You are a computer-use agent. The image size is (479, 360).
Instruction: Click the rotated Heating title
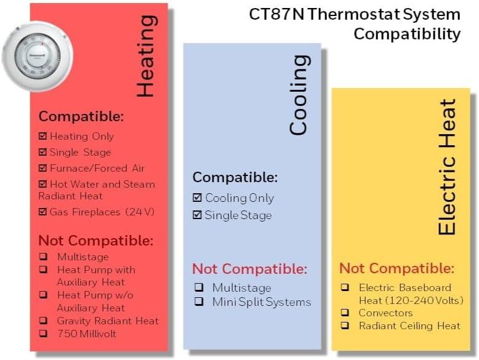tap(145, 57)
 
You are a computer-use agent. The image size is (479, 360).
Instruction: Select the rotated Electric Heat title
tap(447, 167)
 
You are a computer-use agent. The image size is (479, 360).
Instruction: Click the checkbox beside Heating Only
tap(42, 136)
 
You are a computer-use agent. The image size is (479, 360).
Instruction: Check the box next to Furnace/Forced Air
tap(42, 168)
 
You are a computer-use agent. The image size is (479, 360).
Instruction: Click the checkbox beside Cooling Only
tap(197, 198)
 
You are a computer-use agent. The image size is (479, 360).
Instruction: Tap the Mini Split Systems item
tap(262, 302)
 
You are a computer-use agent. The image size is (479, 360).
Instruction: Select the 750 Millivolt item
tap(86, 334)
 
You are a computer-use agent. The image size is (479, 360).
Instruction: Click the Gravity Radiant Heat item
tap(108, 321)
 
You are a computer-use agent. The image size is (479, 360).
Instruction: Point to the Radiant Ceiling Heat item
tap(409, 326)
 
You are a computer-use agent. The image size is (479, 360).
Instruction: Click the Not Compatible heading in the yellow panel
tap(397, 268)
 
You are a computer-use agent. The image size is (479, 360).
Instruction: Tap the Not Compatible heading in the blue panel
tap(249, 269)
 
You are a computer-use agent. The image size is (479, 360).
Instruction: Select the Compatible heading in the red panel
tap(81, 116)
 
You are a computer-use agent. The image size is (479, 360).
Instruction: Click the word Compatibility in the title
tap(407, 33)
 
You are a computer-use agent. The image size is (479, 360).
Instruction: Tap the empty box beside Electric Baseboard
tap(345, 287)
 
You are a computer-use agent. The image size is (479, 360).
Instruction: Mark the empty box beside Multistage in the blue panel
tap(199, 287)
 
